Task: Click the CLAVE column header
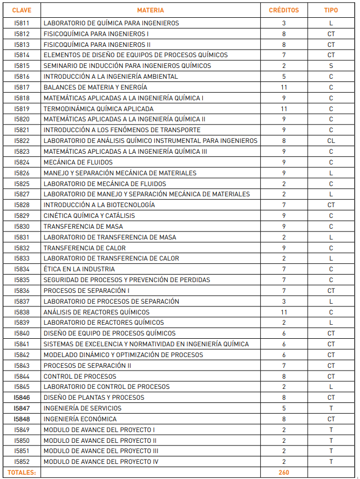pos(22,10)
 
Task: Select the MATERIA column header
pos(151,10)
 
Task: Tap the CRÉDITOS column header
pos(284,10)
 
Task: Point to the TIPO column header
pos(331,10)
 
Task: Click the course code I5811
pos(22,23)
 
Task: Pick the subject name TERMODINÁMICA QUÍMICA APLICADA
pos(98,108)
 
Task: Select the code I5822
pos(22,141)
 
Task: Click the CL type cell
pos(331,141)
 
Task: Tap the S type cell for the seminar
pos(331,66)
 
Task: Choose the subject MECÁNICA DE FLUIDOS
pos(78,162)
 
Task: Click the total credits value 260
pos(284,473)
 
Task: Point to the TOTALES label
pos(22,473)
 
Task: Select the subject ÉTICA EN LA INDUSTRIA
pos(79,269)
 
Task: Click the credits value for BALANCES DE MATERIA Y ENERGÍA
pos(284,87)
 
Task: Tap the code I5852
pos(22,462)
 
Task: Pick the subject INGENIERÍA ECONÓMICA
pos(80,419)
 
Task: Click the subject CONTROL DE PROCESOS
pos(79,376)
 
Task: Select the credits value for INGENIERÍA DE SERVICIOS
pos(284,408)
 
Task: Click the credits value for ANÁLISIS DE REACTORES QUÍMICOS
pos(284,312)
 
